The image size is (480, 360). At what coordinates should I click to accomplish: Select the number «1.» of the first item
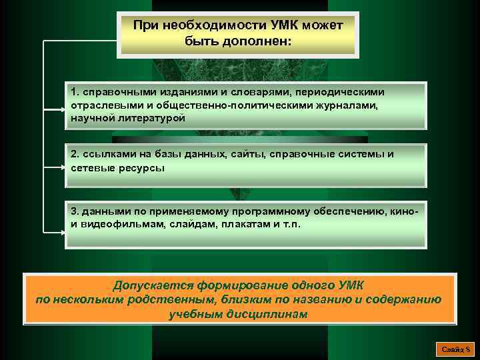(76, 91)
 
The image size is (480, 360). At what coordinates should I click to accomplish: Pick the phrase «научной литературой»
(127, 117)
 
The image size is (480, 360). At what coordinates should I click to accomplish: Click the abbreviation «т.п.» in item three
(291, 225)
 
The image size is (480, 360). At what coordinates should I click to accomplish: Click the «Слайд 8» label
(456, 349)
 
